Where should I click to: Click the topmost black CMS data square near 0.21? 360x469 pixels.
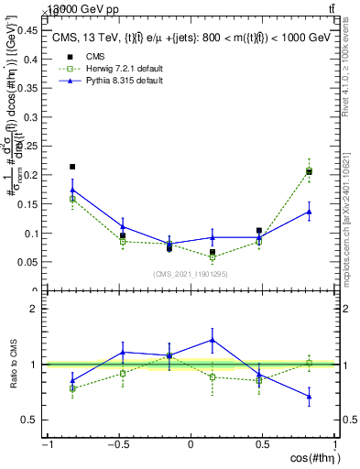coord(72,167)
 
